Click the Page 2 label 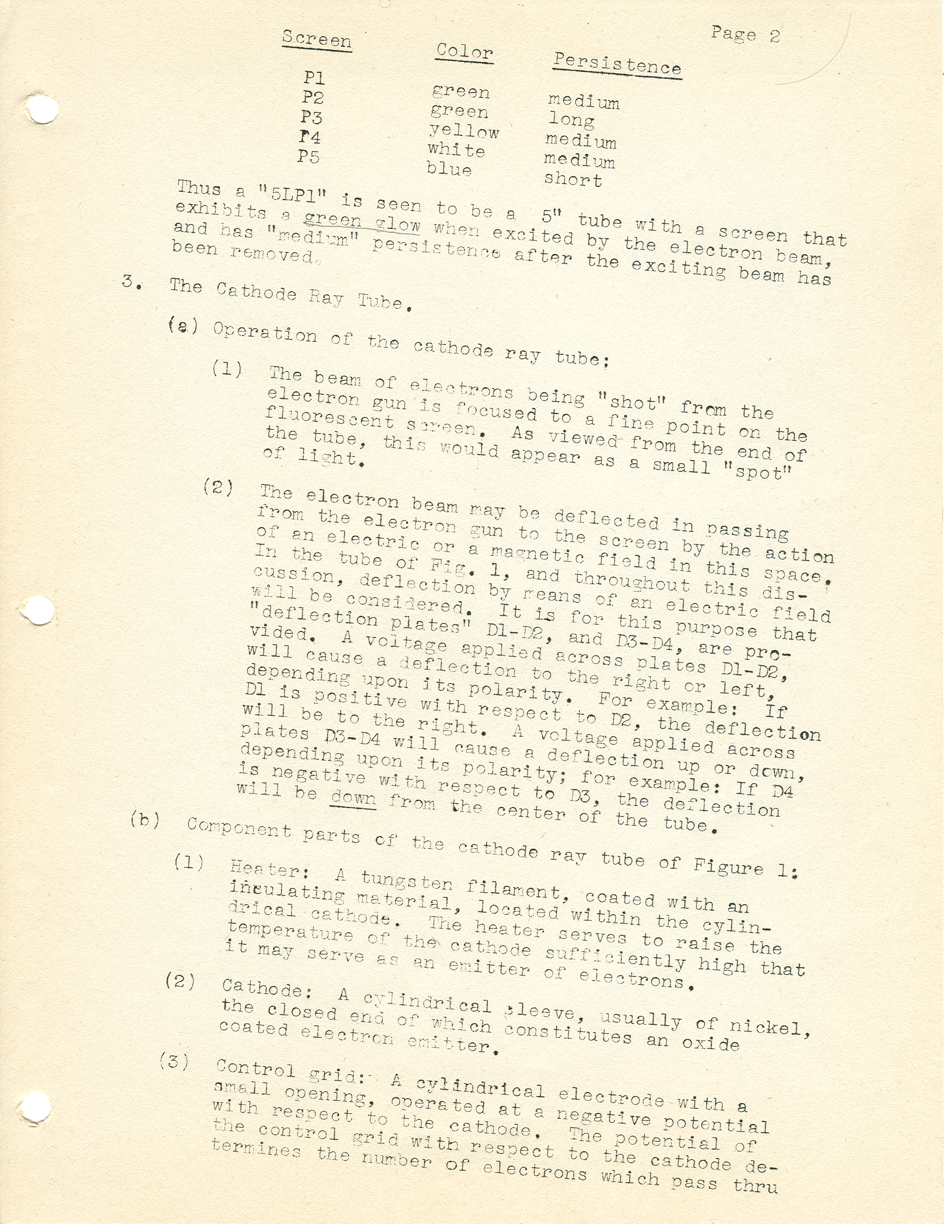745,35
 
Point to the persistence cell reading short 573,181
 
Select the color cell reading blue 449,168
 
